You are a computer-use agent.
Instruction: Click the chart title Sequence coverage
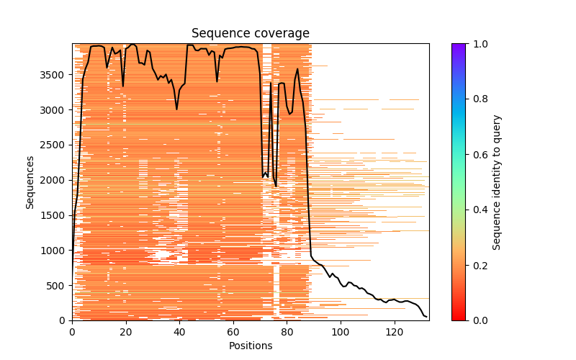pos(250,34)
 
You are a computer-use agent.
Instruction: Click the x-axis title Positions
pos(250,346)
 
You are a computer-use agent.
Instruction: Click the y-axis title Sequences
pos(30,181)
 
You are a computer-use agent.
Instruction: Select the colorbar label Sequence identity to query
pos(497,181)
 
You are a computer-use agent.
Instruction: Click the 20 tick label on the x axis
pos(126,332)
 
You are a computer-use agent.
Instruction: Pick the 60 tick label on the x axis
pos(233,332)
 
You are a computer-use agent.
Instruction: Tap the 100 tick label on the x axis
pos(341,332)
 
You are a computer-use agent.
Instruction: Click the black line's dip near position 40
pos(177,109)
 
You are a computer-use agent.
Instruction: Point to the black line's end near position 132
pos(426,317)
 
